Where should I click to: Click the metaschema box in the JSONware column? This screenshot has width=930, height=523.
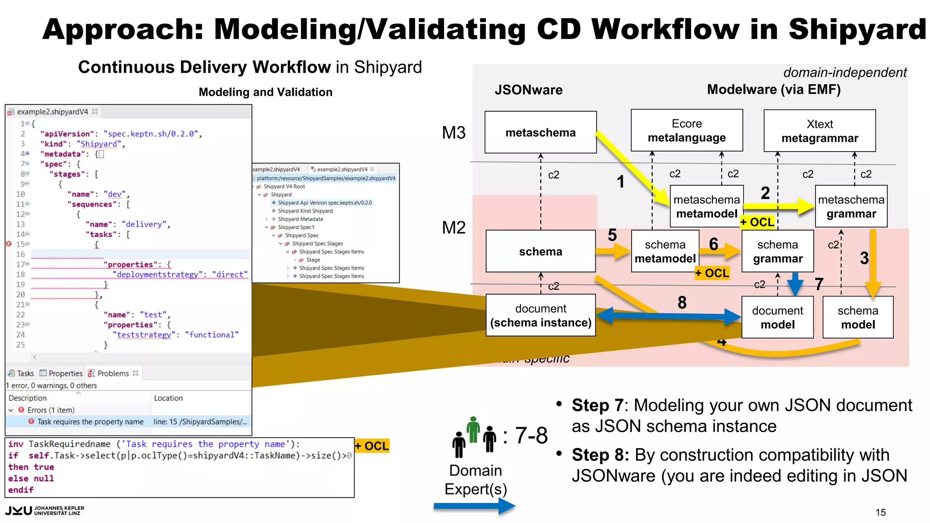click(x=540, y=132)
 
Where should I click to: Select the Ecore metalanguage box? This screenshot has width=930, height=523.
click(x=687, y=131)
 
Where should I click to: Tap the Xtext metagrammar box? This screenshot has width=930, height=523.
click(x=820, y=131)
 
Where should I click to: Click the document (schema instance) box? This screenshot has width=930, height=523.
click(x=540, y=316)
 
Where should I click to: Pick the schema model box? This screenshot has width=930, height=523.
click(x=857, y=317)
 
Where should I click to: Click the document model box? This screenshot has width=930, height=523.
click(x=777, y=317)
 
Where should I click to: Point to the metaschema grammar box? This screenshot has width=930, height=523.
click(x=851, y=207)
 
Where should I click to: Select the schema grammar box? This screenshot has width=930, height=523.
click(x=777, y=252)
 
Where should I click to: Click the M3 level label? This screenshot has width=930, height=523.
click(x=454, y=133)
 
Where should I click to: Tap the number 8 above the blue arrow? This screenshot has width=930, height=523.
click(x=682, y=303)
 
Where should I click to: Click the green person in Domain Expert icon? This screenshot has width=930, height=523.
click(x=474, y=429)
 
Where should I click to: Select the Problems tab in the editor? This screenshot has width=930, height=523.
click(x=113, y=373)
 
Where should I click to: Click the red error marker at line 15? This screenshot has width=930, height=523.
click(x=9, y=244)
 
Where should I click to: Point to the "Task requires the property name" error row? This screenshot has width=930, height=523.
click(x=90, y=422)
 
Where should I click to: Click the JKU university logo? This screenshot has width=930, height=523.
click(x=45, y=511)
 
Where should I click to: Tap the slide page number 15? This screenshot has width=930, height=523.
click(x=881, y=513)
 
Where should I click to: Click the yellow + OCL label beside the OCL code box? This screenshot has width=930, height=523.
click(x=372, y=446)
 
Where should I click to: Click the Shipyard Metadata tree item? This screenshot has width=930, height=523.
click(x=300, y=219)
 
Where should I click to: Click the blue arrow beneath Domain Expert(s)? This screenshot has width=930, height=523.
click(x=474, y=506)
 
